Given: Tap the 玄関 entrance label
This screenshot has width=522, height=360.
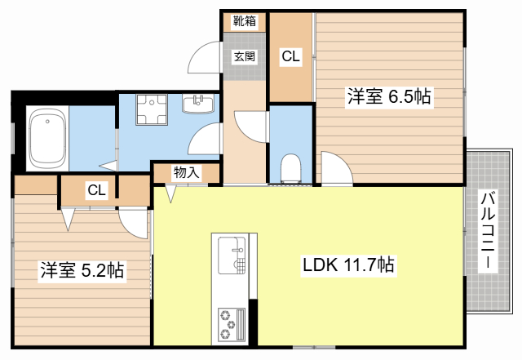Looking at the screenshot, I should pyautogui.click(x=245, y=56).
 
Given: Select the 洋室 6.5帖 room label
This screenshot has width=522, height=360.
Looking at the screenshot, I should pyautogui.click(x=388, y=97).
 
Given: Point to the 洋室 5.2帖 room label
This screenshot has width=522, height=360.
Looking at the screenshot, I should pyautogui.click(x=82, y=270).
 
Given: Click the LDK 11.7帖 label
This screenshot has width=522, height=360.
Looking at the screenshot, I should pyautogui.click(x=348, y=264).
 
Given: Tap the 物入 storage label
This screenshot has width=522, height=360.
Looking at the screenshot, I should pyautogui.click(x=186, y=172).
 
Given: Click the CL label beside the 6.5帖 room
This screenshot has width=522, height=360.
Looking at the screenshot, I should pyautogui.click(x=290, y=56).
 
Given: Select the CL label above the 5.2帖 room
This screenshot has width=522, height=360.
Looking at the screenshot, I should pyautogui.click(x=96, y=191).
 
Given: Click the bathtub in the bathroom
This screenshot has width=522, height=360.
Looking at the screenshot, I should pyautogui.click(x=46, y=140).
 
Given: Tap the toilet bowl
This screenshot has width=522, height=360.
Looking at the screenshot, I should pyautogui.click(x=290, y=168).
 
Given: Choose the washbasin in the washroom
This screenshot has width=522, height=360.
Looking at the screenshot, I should pyautogui.click(x=197, y=104).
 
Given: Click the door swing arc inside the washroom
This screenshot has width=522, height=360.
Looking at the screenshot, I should pyautogui.click(x=205, y=140).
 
